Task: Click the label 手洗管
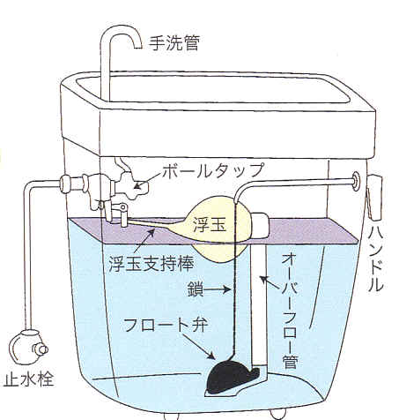click(x=174, y=43)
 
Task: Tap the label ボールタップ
click(x=213, y=171)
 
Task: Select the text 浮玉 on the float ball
click(x=210, y=226)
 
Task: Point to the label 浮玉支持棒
click(x=151, y=264)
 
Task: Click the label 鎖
click(x=196, y=289)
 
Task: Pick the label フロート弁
click(x=166, y=325)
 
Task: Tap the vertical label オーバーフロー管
click(x=291, y=311)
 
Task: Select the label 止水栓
click(x=28, y=379)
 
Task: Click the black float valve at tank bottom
click(x=232, y=377)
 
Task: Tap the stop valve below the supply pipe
click(x=28, y=347)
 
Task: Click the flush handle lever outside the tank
click(x=374, y=197)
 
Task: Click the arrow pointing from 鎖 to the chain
click(x=217, y=289)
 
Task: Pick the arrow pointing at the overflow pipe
click(x=270, y=282)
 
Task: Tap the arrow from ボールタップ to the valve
click(x=148, y=180)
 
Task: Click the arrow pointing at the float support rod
click(x=144, y=241)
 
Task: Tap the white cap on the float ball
click(x=260, y=225)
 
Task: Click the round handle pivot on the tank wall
click(x=356, y=181)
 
